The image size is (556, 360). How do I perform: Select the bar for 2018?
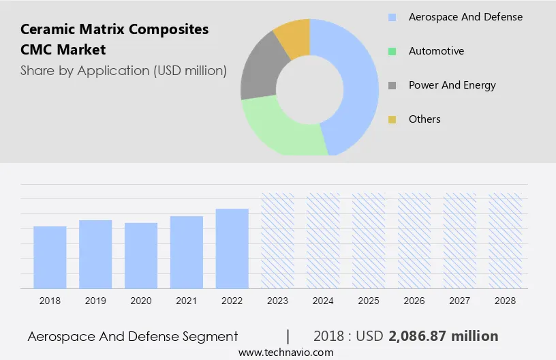(50, 257)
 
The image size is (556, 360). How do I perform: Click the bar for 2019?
(95, 254)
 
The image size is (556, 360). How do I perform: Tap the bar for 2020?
(141, 256)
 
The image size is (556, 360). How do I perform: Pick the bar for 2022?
(232, 248)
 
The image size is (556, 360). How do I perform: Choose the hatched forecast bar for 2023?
(278, 241)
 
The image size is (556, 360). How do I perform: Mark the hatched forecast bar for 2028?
(506, 241)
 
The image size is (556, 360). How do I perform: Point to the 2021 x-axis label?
(187, 301)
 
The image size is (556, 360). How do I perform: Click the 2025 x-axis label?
(369, 301)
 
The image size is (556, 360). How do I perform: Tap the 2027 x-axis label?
(460, 301)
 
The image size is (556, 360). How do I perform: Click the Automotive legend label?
(436, 51)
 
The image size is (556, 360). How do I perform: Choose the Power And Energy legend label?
(452, 85)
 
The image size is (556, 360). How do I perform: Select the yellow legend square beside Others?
(392, 119)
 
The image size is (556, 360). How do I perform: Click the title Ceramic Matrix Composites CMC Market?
(114, 40)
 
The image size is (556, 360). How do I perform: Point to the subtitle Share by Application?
(123, 70)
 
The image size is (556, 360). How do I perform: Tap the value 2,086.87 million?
(443, 336)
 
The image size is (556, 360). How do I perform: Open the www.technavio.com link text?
(286, 352)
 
